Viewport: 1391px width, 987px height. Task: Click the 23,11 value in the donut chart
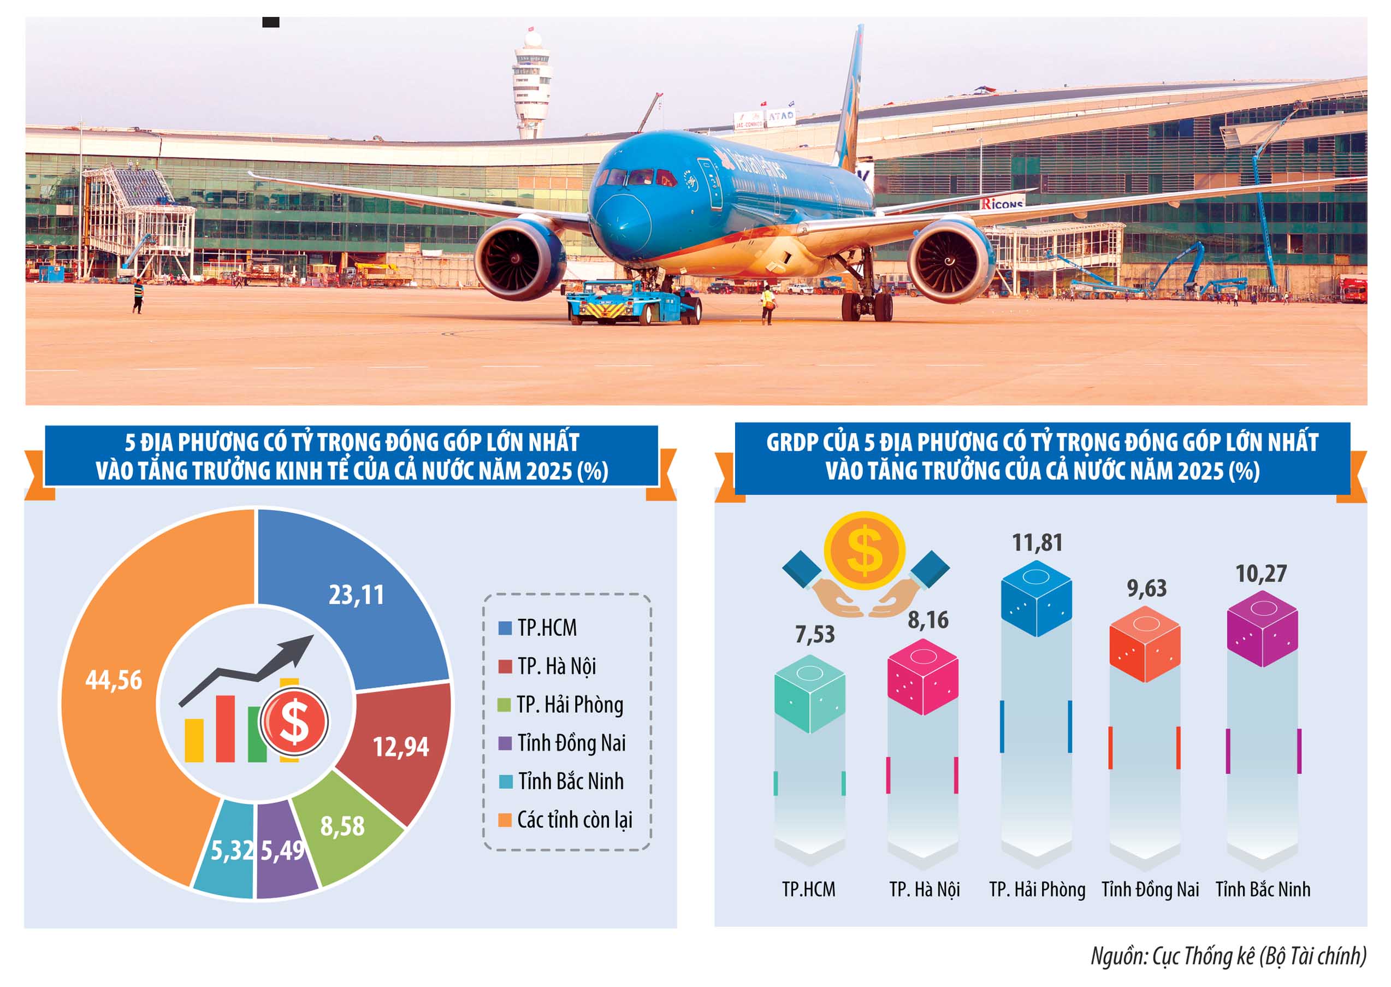tap(356, 595)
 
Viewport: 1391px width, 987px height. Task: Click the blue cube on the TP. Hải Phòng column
tap(1036, 598)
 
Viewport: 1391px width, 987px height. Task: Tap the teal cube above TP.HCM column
tap(809, 693)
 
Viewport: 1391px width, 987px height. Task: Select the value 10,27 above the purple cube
tap(1262, 574)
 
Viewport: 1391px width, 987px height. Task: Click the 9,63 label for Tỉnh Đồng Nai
tap(1147, 588)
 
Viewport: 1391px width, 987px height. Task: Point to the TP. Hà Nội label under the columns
tap(924, 890)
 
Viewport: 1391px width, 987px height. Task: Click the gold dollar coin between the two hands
tap(864, 551)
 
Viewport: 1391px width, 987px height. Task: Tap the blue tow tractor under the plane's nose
tap(632, 303)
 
